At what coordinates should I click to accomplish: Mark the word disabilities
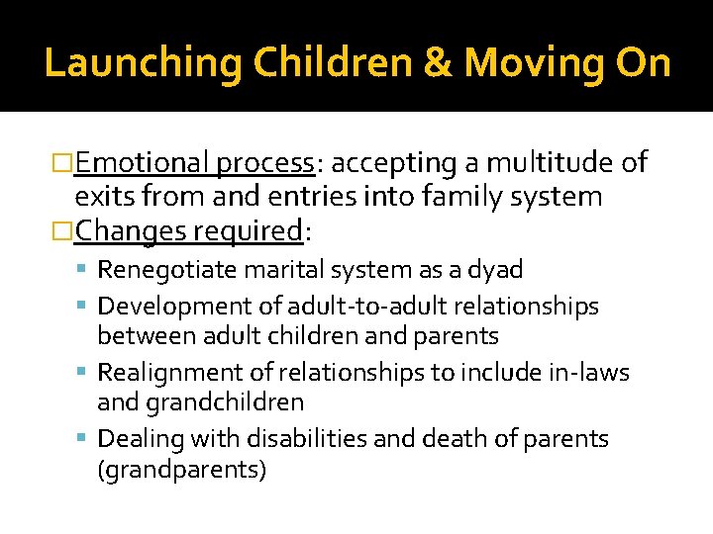click(x=305, y=438)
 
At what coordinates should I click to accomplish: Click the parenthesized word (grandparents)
click(x=181, y=469)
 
